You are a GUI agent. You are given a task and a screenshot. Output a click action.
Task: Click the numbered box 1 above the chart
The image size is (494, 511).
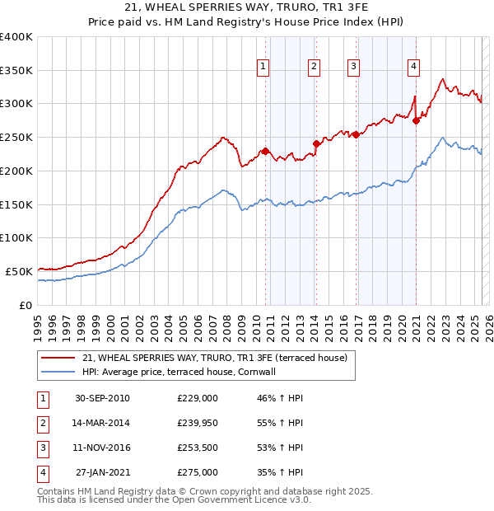263,68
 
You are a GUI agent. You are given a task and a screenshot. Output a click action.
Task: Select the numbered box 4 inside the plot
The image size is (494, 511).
413,68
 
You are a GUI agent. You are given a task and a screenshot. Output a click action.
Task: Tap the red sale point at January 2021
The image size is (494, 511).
417,120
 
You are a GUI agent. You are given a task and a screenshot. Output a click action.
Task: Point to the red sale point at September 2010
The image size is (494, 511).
266,151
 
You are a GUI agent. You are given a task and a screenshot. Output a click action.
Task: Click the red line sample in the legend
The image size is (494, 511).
58,358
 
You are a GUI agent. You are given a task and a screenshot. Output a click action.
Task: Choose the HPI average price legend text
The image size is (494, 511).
178,372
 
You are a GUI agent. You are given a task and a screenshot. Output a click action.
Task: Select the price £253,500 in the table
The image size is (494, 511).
198,448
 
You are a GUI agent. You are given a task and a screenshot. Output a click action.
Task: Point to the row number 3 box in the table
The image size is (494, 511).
41,448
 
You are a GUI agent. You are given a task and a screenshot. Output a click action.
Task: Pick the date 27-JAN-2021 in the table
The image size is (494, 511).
102,473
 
